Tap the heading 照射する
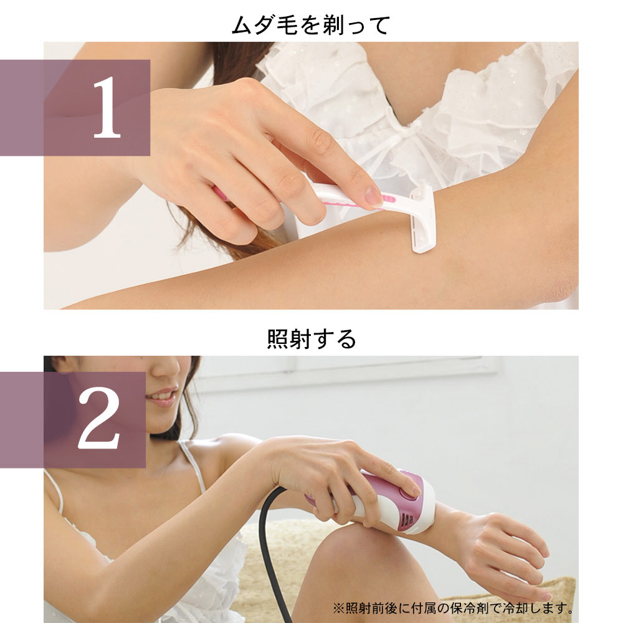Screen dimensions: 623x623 pos(311,339)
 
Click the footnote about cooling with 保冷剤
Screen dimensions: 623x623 pos(452,607)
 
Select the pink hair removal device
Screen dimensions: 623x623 pos(399,498)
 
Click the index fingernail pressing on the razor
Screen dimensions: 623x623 pos(373,196)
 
